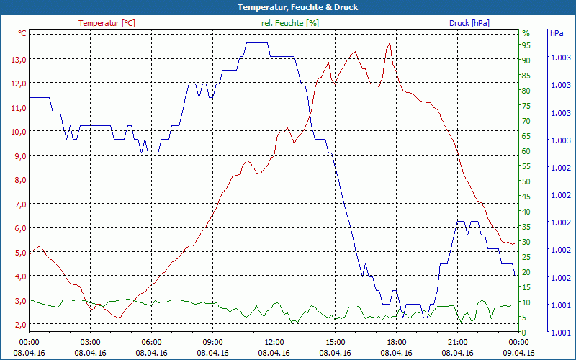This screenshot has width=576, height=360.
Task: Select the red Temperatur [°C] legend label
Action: (107, 23)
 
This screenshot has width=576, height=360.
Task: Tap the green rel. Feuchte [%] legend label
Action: (290, 23)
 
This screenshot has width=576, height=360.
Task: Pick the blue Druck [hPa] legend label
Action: (469, 23)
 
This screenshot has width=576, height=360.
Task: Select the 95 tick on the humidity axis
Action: (526, 45)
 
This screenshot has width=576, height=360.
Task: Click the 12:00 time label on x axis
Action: (274, 343)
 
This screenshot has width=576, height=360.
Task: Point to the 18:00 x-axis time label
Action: (397, 343)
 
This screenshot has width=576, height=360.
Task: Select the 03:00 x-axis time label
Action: (90, 343)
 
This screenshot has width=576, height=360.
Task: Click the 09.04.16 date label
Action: (519, 353)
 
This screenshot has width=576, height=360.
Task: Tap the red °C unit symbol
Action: (22, 33)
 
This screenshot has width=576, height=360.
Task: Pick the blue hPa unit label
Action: (557, 33)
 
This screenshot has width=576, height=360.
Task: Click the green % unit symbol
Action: (526, 33)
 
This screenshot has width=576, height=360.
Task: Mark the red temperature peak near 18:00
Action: (390, 43)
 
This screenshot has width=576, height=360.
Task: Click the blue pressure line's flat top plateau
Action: (257, 43)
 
